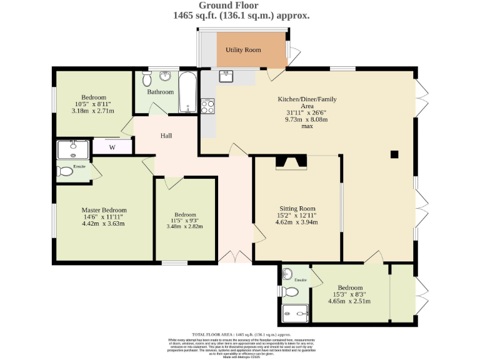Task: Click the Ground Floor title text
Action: [241, 6]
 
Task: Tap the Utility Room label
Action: [243, 49]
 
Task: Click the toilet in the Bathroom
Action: [147, 79]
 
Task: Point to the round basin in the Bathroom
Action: [166, 76]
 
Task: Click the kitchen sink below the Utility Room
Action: [226, 76]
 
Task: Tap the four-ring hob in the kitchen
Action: [207, 106]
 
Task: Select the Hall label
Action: [166, 136]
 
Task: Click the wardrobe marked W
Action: [112, 147]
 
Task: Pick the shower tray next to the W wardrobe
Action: [73, 149]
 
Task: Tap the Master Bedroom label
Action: [104, 210]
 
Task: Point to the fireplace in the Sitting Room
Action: [292, 163]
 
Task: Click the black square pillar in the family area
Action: [394, 154]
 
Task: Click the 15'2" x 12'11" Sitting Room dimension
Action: [297, 216]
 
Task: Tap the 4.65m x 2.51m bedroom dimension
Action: [349, 301]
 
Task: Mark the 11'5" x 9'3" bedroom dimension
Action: [185, 220]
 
